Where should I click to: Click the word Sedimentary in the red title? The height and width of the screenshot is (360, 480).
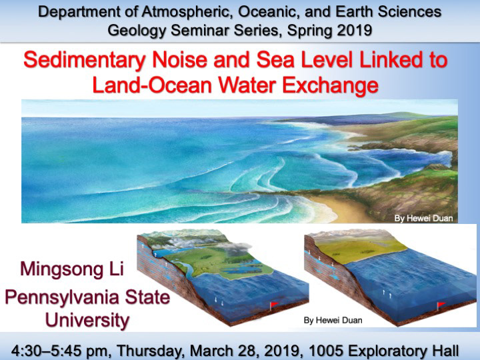tap(85, 60)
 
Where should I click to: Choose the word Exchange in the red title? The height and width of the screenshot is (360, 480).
tap(330, 85)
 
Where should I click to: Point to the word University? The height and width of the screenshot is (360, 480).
tap(87, 320)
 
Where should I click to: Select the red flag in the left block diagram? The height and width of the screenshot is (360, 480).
tap(274, 305)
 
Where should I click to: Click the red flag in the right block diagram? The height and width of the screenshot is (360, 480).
tap(441, 305)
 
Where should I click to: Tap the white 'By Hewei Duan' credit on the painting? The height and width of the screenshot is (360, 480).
tap(423, 218)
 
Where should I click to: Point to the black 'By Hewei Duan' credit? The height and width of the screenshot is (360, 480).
tap(333, 320)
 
